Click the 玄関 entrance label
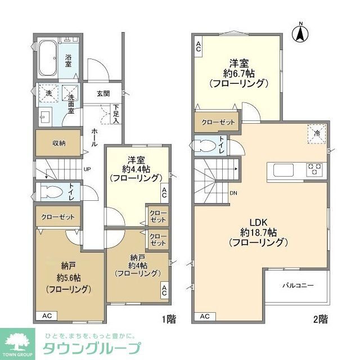[x=102, y=94]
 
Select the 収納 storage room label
[x=58, y=143]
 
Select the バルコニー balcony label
[x=298, y=286]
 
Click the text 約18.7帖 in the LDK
[x=258, y=232]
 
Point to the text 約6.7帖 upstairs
[x=238, y=73]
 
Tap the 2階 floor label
[x=320, y=319]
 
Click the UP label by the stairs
[x=88, y=168]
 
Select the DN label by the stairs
[x=233, y=193]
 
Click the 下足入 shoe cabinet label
[x=116, y=114]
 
